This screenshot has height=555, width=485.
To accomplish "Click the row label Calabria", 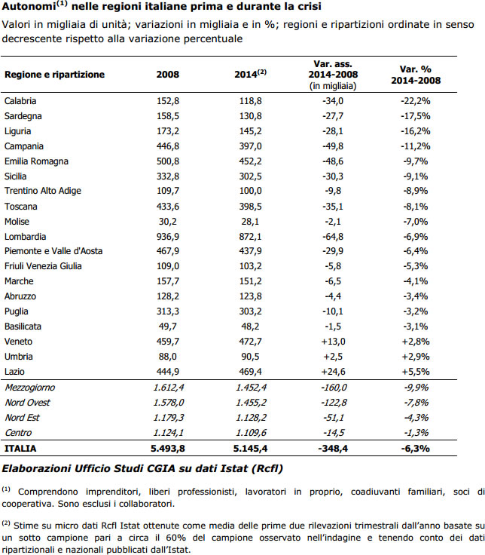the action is click(x=20, y=101).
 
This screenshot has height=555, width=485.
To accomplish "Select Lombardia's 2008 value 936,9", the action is click(x=168, y=237).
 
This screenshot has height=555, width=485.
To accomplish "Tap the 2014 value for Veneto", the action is click(x=250, y=342).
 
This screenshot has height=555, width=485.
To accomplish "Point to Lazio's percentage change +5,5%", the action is click(x=416, y=372).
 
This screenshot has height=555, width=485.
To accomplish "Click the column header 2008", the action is click(x=168, y=75).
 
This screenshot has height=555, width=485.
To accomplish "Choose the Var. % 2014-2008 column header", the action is click(x=416, y=75).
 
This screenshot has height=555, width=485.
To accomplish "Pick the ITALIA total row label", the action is click(x=20, y=449).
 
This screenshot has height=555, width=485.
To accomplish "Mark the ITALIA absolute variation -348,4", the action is click(x=333, y=449).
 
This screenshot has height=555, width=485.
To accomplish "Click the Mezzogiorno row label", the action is click(x=30, y=388).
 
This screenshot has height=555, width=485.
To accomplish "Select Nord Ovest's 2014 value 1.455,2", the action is click(x=250, y=403).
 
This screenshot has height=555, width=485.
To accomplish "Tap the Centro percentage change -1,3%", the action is click(x=416, y=433).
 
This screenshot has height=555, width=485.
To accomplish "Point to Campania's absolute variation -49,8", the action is click(x=333, y=146).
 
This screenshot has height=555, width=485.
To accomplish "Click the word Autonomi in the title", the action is click(x=29, y=6).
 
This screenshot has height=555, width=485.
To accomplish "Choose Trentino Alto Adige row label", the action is click(x=43, y=191).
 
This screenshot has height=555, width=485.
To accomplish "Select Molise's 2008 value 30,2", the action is click(x=168, y=222).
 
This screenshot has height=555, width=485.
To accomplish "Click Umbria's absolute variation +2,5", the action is click(x=333, y=357).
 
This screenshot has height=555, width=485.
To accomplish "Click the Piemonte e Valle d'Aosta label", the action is click(x=53, y=251).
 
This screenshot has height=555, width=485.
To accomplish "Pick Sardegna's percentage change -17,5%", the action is click(x=416, y=116).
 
